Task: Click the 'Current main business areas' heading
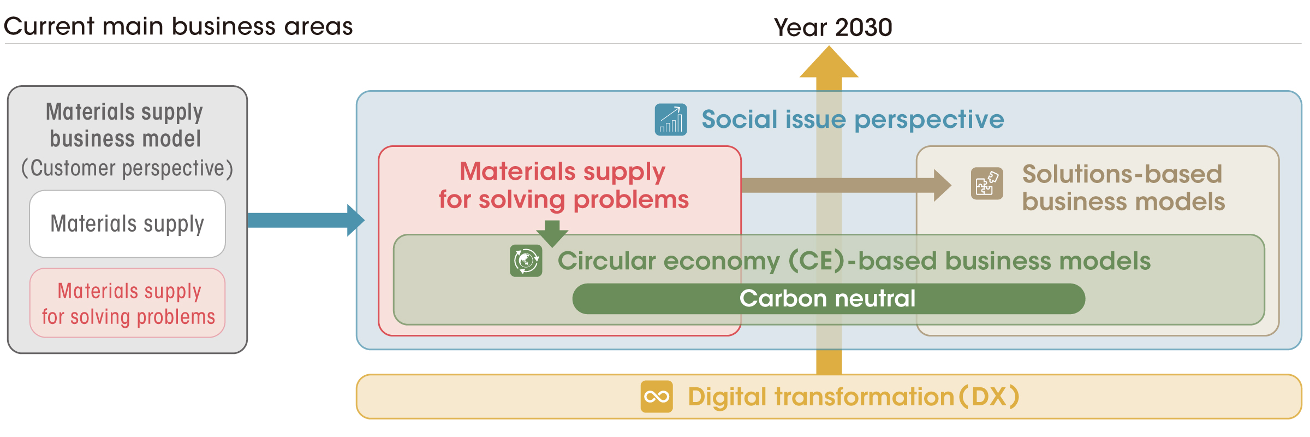tap(178, 26)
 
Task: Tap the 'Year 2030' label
tap(833, 27)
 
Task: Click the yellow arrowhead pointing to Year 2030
tap(829, 61)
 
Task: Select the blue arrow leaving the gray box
tap(306, 220)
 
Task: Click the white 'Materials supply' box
tap(127, 224)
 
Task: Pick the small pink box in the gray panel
tap(127, 303)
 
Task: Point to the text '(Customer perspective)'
tap(127, 168)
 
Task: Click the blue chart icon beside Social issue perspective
tap(671, 120)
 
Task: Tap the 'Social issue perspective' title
tap(853, 119)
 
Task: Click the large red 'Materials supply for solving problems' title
tap(563, 185)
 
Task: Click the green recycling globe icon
tap(526, 261)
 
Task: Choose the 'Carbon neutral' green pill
tap(829, 299)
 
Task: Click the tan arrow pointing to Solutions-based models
tap(847, 186)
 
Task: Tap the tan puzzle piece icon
tap(987, 184)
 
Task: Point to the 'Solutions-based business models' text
tap(1123, 188)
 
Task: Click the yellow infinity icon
tap(657, 397)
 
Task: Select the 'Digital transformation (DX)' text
tap(854, 397)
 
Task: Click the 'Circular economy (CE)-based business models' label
tap(854, 261)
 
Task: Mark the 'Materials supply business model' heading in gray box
tap(126, 125)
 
